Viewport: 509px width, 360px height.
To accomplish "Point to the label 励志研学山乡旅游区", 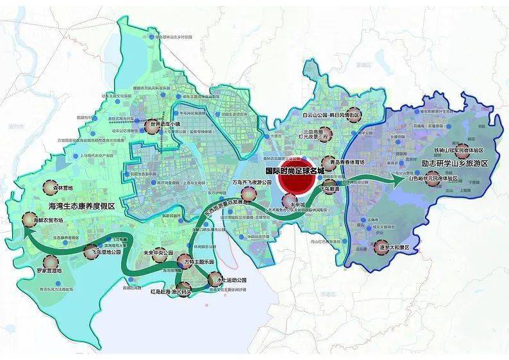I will coord(456,164).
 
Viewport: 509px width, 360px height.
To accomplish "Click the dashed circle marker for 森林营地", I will coord(53,188).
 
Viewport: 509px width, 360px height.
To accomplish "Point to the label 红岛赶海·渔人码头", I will coord(171,291).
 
